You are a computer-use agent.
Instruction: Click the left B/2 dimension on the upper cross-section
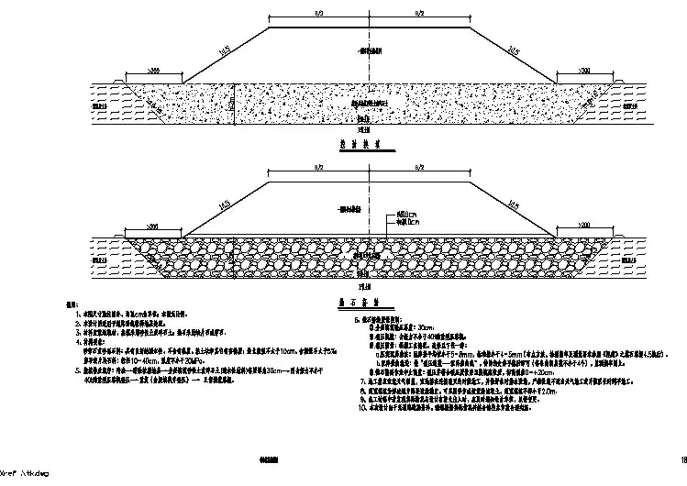coord(317,14)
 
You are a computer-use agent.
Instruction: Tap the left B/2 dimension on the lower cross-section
coord(317,170)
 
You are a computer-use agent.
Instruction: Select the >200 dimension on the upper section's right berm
coord(584,71)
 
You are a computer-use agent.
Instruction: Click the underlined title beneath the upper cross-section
coord(347,144)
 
